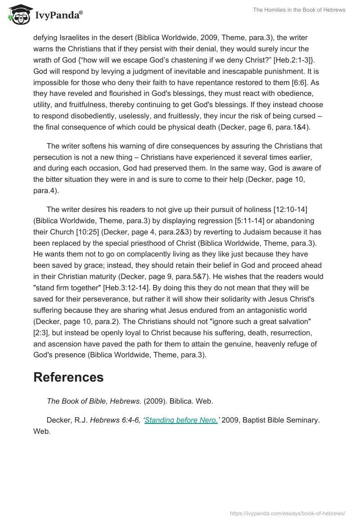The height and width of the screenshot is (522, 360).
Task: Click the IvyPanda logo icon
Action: (x=18, y=14)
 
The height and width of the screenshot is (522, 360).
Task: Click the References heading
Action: (x=68, y=377)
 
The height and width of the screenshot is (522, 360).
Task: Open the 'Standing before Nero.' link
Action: (x=180, y=420)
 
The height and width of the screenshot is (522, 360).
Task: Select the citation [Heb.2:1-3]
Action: (x=297, y=60)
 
